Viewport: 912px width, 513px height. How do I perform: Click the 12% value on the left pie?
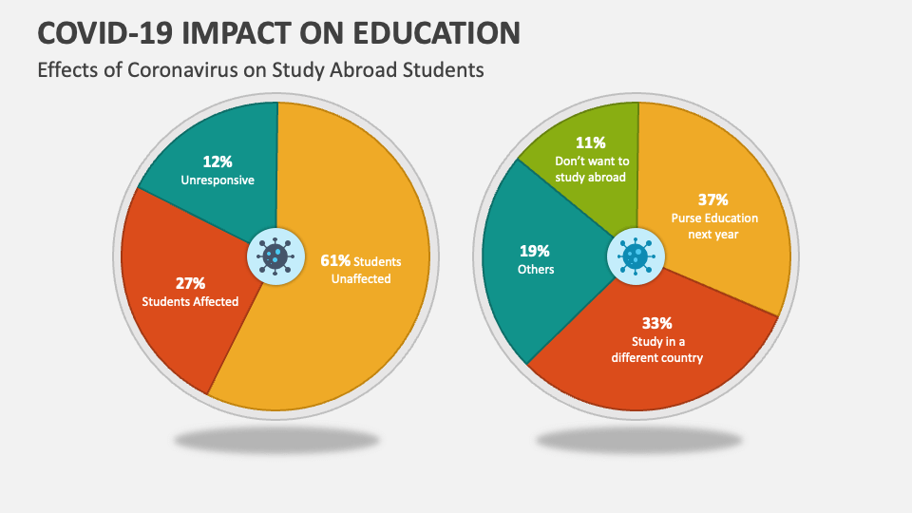coord(218,161)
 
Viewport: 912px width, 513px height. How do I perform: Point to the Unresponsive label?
coord(218,180)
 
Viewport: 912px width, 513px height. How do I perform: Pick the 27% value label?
coord(190,283)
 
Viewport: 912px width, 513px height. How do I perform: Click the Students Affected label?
coord(190,302)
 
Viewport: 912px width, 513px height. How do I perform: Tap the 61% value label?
coord(336,260)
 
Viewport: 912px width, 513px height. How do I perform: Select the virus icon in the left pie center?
coord(275,255)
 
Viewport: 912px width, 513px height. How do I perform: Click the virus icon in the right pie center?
coord(636,256)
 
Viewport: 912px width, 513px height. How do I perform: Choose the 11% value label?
coord(591,143)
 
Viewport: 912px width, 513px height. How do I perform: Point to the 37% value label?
coord(712,199)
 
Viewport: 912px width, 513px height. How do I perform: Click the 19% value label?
coord(535,251)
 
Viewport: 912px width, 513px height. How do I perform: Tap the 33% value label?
coord(657,322)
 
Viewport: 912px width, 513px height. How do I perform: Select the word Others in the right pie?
coord(536,270)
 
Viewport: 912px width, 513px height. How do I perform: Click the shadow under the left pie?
coord(276,440)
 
